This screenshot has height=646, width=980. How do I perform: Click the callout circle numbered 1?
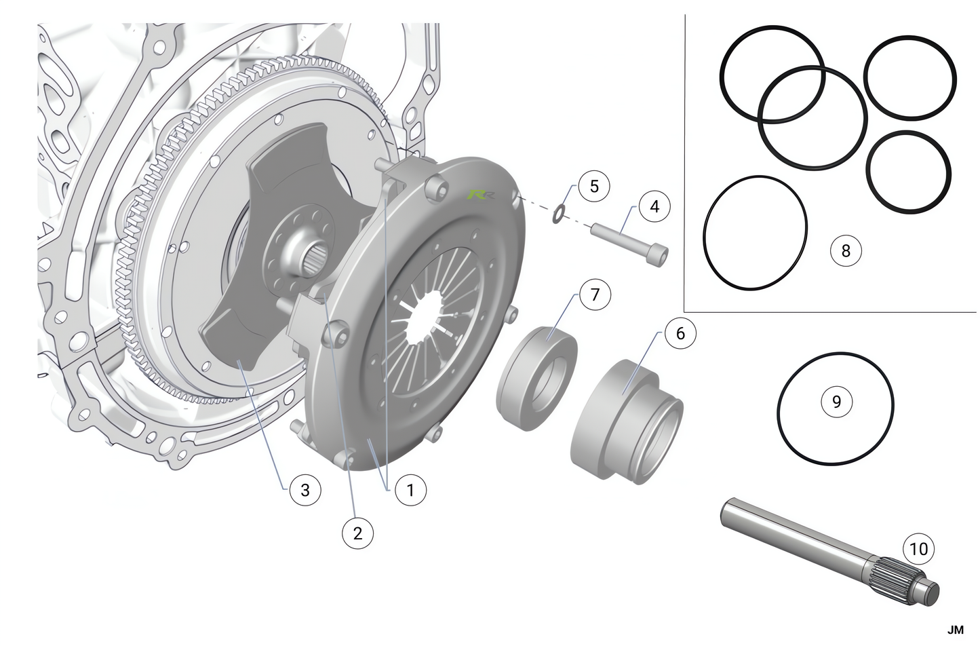pos(410,490)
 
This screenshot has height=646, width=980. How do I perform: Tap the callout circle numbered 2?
pos(357,533)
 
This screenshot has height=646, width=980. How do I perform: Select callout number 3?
pos(305,490)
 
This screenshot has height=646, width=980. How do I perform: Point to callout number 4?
pos(654,206)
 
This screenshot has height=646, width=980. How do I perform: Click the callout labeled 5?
pos(594,186)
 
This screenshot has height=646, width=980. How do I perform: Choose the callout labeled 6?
pos(680,333)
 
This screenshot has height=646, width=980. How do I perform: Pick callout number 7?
pos(595,295)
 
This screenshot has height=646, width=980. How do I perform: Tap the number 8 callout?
pos(846,251)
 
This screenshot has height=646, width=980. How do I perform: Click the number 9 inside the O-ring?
pos(836,401)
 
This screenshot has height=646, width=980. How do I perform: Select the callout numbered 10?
pos(919,549)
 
